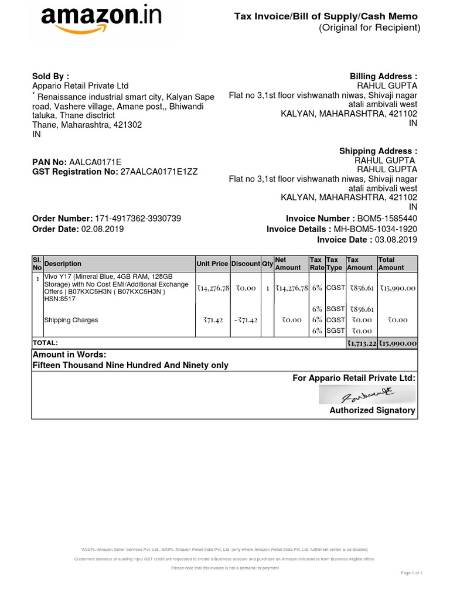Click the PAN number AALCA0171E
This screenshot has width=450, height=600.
96,162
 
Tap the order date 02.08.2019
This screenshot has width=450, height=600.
103,229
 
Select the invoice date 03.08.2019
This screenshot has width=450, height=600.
396,240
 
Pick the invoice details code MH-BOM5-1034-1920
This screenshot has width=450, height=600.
376,229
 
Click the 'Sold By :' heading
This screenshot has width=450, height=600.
50,76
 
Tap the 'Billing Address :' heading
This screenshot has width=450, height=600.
383,76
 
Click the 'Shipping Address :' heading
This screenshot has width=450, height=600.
379,151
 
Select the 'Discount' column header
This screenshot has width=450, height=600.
245,264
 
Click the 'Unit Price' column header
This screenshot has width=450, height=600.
212,264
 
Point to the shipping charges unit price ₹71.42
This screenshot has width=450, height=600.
214,321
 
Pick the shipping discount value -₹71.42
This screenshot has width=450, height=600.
246,321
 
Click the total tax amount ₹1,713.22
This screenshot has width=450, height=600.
360,343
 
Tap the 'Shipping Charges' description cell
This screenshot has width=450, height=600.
71,321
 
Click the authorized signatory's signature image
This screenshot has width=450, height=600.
367,394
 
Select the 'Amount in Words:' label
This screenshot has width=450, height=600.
69,355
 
